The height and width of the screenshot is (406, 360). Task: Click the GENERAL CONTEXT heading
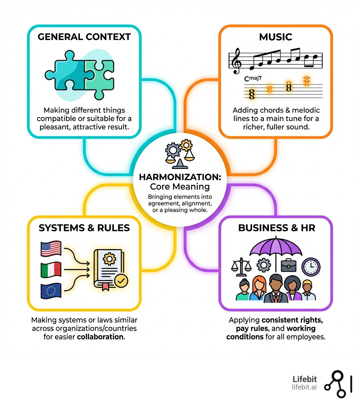pyautogui.click(x=84, y=37)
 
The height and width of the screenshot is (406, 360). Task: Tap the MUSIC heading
pyautogui.click(x=275, y=37)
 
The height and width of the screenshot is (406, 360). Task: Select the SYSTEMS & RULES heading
pyautogui.click(x=84, y=228)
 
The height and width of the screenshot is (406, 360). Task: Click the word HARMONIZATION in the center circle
pyautogui.click(x=180, y=177)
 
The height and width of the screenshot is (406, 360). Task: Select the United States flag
pyautogui.click(x=51, y=249)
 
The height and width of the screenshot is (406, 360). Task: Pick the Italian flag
pyautogui.click(x=51, y=270)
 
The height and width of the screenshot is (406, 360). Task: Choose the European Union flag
pyautogui.click(x=51, y=291)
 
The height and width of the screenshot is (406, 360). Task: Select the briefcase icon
pyautogui.click(x=289, y=265)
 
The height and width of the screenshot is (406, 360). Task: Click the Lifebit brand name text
pyautogui.click(x=304, y=379)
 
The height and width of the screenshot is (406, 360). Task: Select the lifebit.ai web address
pyautogui.click(x=304, y=387)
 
